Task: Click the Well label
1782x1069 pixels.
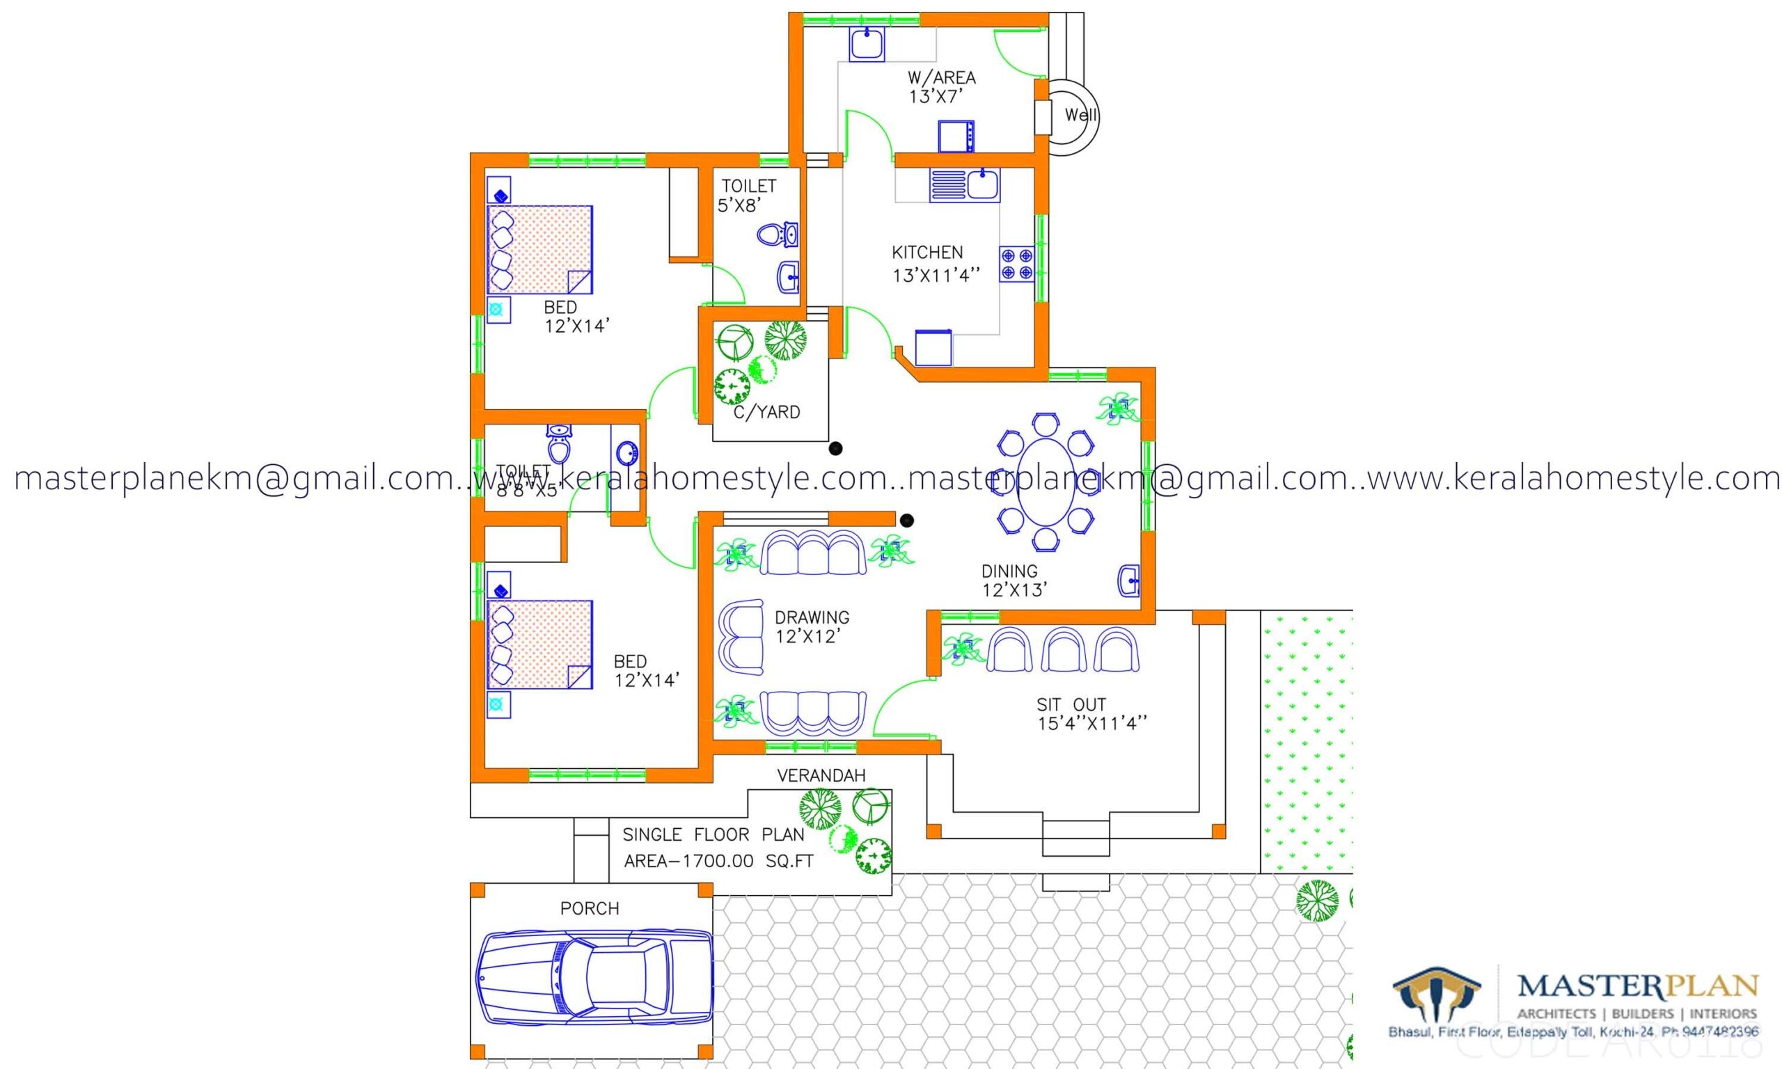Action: [1080, 116]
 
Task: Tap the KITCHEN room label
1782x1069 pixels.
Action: [927, 253]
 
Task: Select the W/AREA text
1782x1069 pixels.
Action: [941, 78]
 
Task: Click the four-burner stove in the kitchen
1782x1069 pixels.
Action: [1016, 264]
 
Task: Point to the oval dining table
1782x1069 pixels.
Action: [1045, 481]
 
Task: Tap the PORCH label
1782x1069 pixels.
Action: [589, 909]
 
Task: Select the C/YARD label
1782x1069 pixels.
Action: [766, 412]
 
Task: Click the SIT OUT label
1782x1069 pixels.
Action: [1071, 704]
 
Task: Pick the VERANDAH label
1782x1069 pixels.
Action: [821, 775]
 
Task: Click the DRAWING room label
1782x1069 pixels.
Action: [812, 617]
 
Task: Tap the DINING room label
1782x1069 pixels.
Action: [1009, 571]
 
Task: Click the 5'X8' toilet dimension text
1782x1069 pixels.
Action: [740, 206]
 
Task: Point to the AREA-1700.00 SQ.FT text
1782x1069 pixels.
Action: [718, 862]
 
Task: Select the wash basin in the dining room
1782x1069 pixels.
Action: [1128, 580]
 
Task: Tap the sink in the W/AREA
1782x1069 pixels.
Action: [867, 45]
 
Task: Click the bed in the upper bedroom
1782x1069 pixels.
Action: [539, 249]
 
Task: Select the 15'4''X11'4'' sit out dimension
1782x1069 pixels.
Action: [1092, 723]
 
